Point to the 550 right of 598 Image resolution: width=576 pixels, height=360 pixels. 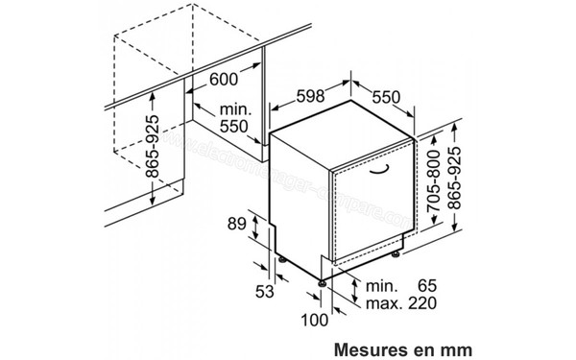[x=384, y=98]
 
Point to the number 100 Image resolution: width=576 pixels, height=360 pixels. [x=309, y=319]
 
